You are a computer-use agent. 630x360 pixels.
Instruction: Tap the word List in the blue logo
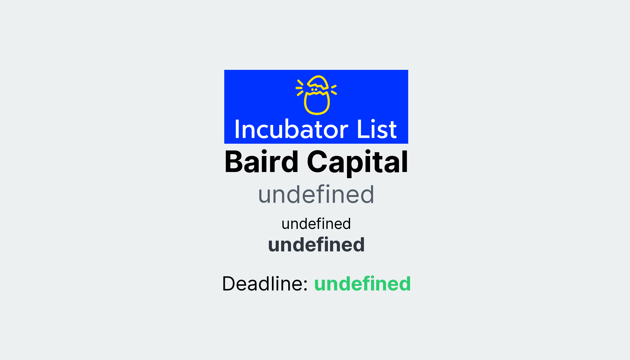377,130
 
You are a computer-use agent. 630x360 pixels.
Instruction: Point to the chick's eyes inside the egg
314,90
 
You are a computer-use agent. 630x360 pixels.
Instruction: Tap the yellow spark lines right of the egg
334,90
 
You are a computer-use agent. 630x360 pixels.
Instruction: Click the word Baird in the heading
261,162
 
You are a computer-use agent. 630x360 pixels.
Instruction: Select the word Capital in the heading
357,162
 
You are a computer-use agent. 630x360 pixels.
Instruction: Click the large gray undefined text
316,194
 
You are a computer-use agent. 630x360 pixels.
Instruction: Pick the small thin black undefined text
316,224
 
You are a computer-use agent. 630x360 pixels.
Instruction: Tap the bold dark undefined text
316,245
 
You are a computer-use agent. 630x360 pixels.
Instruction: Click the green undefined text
362,283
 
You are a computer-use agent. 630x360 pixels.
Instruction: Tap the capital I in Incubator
237,130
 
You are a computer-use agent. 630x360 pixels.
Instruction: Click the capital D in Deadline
229,283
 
